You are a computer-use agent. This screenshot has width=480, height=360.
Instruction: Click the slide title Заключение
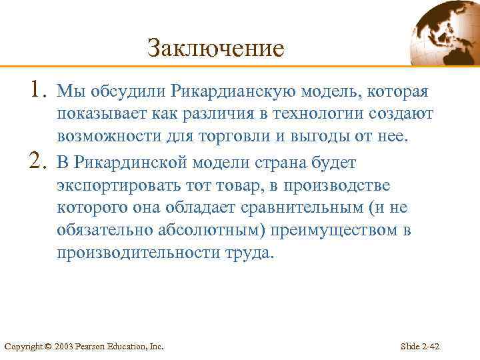215,48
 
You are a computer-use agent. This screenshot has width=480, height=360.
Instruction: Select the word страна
273,163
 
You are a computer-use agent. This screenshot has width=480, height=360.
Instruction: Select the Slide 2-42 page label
419,347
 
